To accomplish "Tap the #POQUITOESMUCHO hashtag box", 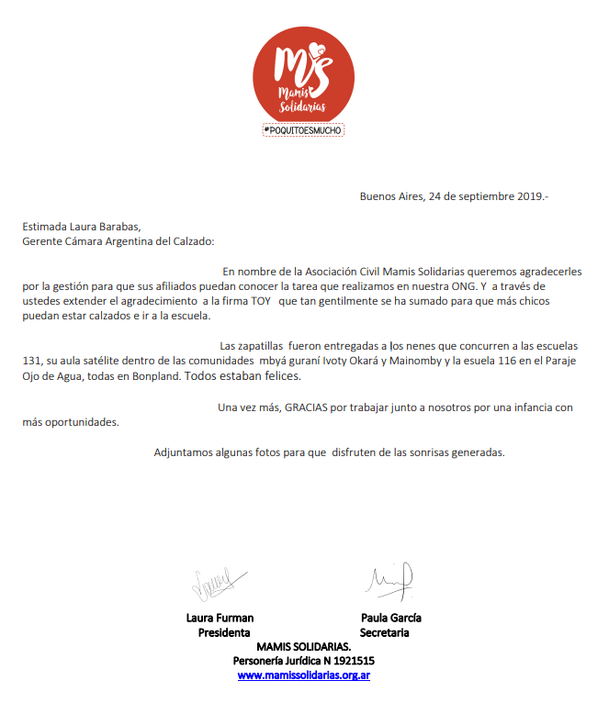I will (302, 130).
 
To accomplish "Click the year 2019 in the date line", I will (527, 195).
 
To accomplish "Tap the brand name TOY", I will (262, 301).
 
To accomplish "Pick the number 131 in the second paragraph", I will (34, 361).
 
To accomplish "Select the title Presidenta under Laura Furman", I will (224, 633).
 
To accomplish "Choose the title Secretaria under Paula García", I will (385, 633).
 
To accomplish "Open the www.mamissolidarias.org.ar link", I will (303, 675).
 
